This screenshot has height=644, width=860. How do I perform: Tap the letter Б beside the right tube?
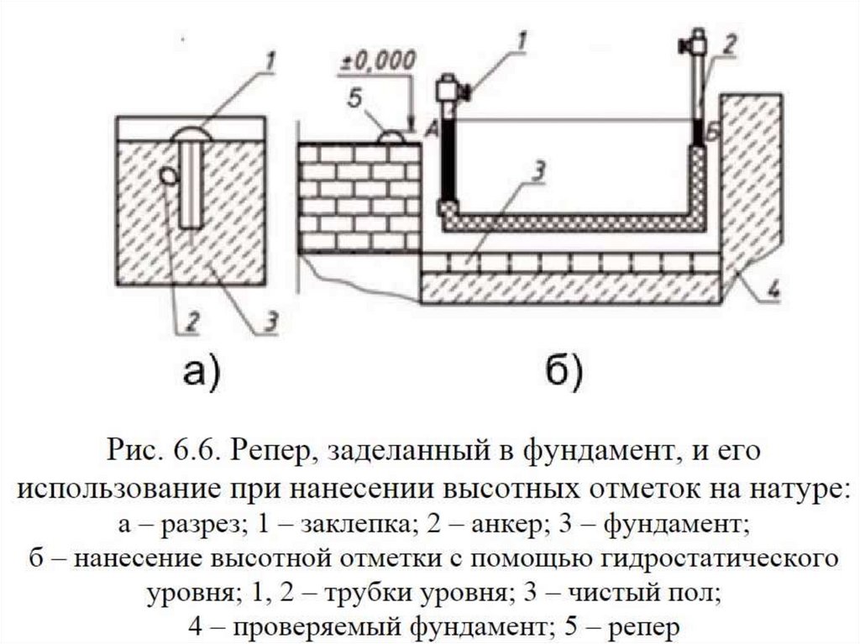coord(711,131)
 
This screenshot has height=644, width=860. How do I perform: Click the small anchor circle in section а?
coord(168,175)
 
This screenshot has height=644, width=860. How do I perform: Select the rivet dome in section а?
coord(191,134)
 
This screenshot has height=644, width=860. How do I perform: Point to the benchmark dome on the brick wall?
coord(391,135)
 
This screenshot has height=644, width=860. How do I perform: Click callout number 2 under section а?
coord(192,320)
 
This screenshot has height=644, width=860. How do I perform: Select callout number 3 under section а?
coord(270,320)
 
